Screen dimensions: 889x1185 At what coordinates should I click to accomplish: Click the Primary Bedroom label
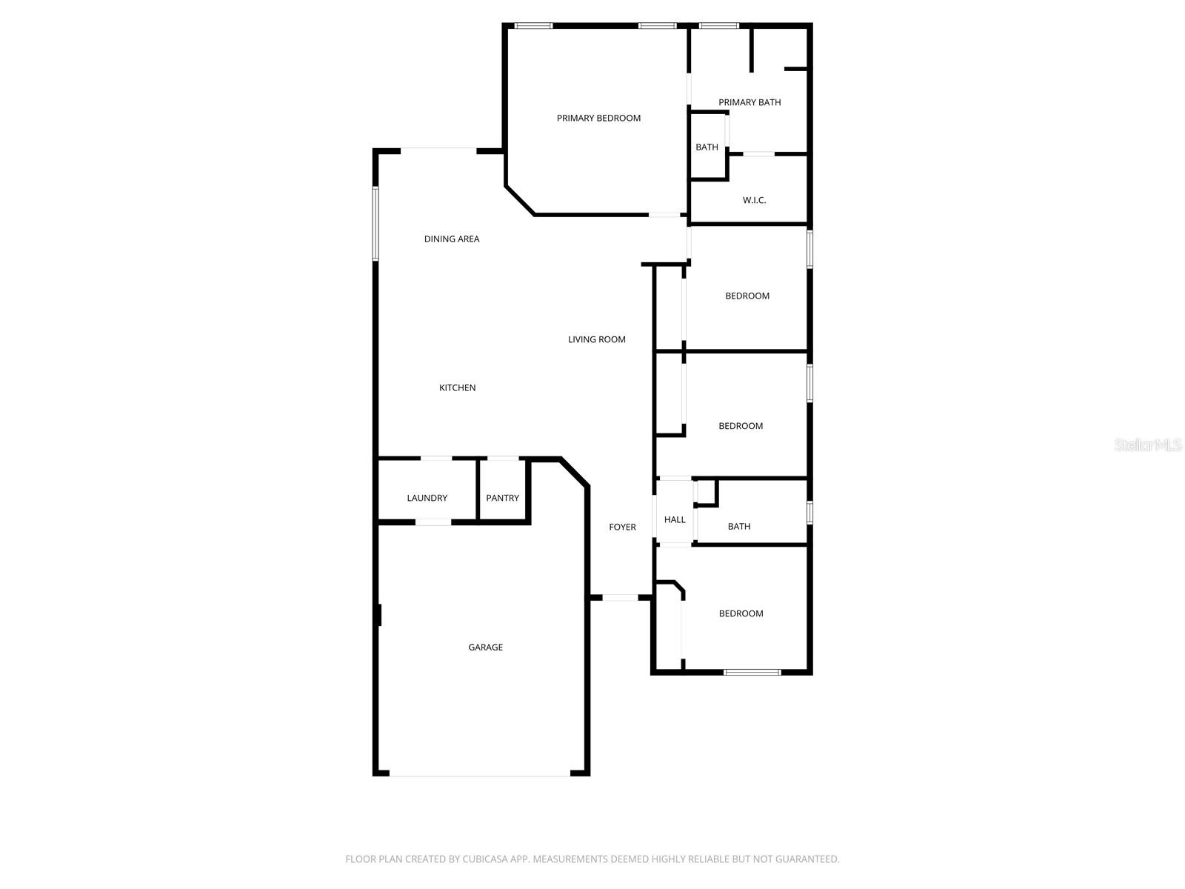pos(598,118)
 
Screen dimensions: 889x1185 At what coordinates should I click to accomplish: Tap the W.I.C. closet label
pos(754,200)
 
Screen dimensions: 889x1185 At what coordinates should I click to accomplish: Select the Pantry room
pos(502,498)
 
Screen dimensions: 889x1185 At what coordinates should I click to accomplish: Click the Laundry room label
pos(427,498)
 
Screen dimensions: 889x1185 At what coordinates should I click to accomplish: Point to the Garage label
pos(485,647)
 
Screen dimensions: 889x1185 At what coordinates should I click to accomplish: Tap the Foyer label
pos(622,527)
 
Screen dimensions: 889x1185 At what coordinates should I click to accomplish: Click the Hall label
pos(675,520)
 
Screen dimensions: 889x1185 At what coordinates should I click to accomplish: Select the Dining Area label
pos(452,239)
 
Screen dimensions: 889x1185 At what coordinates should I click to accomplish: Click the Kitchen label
pos(457,387)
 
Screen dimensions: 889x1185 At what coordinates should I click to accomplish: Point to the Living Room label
pos(596,339)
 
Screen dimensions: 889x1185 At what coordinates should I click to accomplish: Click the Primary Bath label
pos(750,102)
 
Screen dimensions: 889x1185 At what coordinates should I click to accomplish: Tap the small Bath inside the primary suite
pos(707,147)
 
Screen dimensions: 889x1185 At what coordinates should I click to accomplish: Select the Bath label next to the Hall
pos(738,527)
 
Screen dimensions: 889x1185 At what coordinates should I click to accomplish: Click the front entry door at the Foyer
pos(620,597)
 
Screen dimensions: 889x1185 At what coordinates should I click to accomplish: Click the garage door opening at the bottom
pos(480,775)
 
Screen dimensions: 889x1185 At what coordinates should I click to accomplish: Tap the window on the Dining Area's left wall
pos(375,224)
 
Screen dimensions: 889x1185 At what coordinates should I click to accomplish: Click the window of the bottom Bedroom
pos(752,673)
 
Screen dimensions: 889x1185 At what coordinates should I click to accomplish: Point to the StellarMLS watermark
pos(1147,445)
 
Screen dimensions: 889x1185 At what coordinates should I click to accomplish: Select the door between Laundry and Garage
pos(433,522)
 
